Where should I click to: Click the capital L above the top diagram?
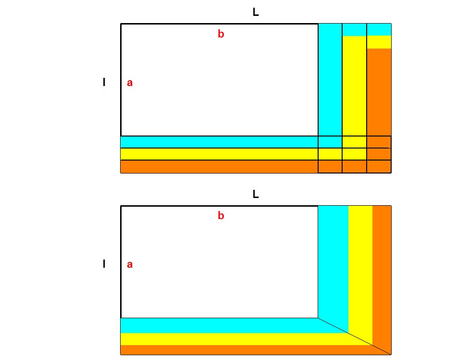pos(256,13)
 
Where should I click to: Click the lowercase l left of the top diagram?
pos(104,83)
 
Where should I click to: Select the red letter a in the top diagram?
pos(130,83)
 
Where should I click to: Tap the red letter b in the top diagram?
pos(221,34)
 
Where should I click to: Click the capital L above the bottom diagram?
pos(256,195)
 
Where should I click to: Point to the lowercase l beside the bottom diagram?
pos(104,264)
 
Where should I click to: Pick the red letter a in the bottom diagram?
pos(130,264)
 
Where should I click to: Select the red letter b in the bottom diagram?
pos(221,216)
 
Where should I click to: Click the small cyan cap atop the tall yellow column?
pos(354,30)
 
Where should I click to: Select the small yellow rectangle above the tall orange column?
pos(379,42)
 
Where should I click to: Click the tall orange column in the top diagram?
pos(379,91)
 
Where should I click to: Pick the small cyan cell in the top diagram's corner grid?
pos(330,142)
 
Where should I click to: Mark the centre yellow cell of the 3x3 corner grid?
pos(354,154)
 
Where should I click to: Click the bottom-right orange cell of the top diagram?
pos(379,166)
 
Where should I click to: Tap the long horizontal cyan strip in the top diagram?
pos(219,142)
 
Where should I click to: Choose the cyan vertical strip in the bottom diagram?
pos(333,260)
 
